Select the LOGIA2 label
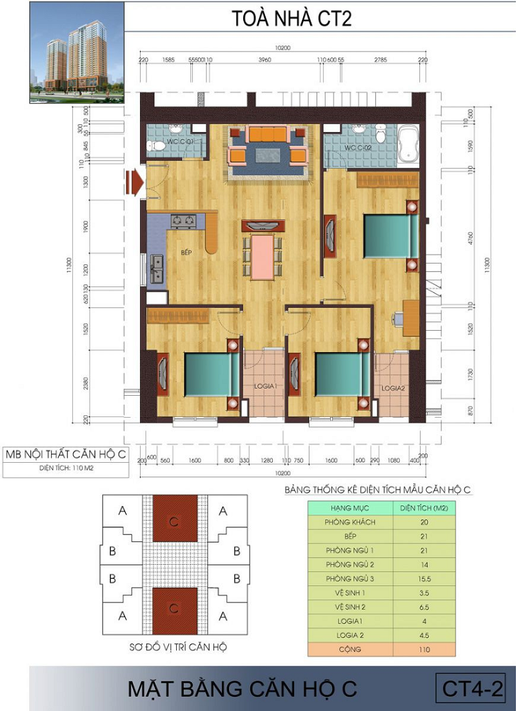tap(392, 388)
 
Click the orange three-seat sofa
tap(268, 134)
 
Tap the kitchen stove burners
tap(183, 221)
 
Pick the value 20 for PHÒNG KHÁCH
tap(424, 522)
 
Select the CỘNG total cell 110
tap(424, 649)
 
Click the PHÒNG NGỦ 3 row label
tap(350, 579)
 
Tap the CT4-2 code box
tap(472, 688)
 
